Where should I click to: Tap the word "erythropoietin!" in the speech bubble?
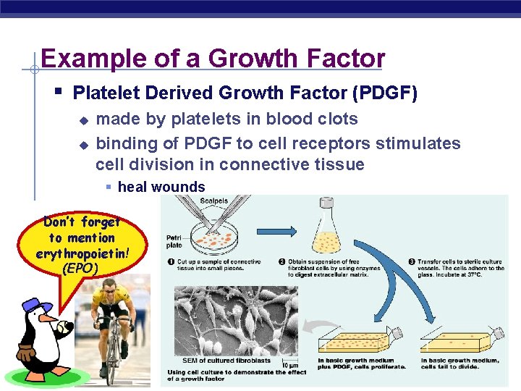[81, 253]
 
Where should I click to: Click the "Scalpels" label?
[214, 201]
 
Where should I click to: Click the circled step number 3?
[412, 261]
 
